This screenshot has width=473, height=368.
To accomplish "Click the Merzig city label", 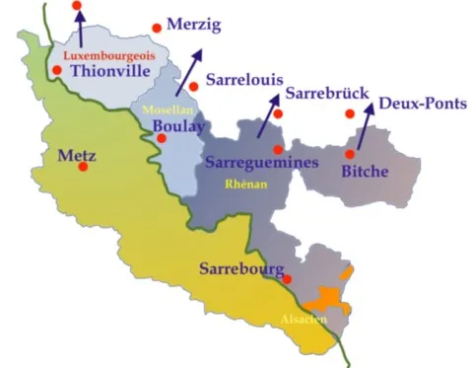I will click(195, 23).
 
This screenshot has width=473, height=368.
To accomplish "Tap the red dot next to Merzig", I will click(156, 29).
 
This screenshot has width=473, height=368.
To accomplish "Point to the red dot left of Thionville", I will click(57, 70).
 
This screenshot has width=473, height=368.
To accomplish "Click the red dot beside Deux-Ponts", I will click(350, 114).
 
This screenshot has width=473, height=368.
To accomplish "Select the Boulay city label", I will click(178, 126).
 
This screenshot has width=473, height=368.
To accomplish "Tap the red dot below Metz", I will click(83, 167).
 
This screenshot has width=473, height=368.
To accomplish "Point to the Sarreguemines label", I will click(262, 164).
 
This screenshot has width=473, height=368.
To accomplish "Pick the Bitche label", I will click(365, 172).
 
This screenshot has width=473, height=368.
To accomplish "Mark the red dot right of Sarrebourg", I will click(287, 279).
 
